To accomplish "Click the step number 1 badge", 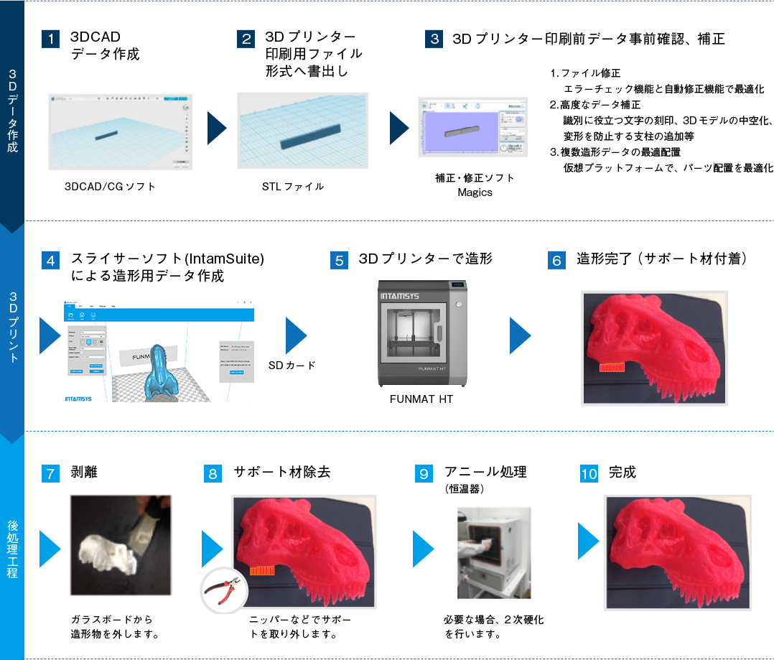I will (50, 39).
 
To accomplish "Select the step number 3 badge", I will (434, 39).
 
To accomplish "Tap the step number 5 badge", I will (339, 260).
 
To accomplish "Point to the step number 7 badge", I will (50, 473).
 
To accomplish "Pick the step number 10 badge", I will (589, 473).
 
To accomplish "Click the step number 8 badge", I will (213, 473).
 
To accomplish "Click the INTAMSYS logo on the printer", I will (399, 295).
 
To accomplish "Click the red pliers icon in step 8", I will (224, 591).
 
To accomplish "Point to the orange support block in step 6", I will (612, 367).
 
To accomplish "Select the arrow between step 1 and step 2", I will (216, 129).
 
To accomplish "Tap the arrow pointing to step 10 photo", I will (588, 541).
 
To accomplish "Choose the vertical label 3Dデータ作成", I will (12, 111).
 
